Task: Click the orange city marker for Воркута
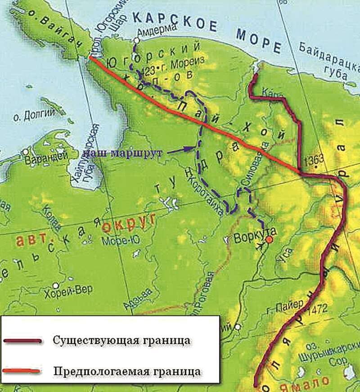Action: [x=269, y=240]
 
